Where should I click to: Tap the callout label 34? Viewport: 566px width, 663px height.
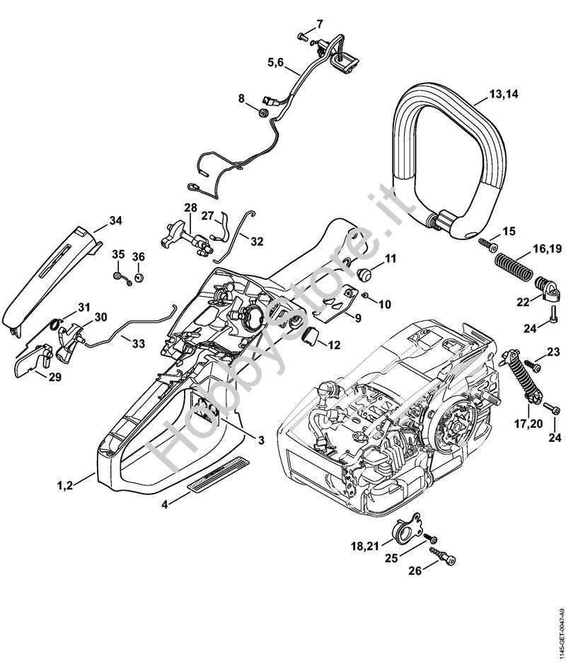(115, 221)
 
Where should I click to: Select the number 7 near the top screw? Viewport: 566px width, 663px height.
(319, 23)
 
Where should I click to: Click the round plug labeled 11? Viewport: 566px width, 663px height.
(366, 273)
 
